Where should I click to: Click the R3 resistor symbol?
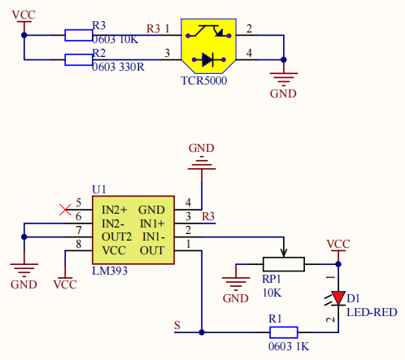[x=79, y=35]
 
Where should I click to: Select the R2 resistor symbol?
[x=79, y=59]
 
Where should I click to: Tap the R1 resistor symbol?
[x=284, y=332]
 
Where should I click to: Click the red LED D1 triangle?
[x=338, y=298]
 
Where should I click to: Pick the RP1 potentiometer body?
[x=284, y=264]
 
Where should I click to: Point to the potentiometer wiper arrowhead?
[x=284, y=254]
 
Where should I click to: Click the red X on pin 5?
[x=65, y=210]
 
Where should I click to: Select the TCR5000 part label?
[x=204, y=80]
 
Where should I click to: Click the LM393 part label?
[x=110, y=271]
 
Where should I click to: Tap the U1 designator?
[x=99, y=189]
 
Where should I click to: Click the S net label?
[x=177, y=325]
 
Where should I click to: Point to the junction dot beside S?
[x=202, y=332]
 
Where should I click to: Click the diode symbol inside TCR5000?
[x=208, y=59]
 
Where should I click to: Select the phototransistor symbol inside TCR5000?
[x=208, y=31]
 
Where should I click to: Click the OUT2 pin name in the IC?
[x=116, y=237]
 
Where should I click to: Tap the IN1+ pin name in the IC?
[x=152, y=223]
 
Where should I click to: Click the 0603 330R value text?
[x=118, y=67]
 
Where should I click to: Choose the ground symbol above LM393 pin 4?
[x=202, y=164]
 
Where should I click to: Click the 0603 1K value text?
[x=289, y=346]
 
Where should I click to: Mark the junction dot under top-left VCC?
[x=24, y=35]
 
